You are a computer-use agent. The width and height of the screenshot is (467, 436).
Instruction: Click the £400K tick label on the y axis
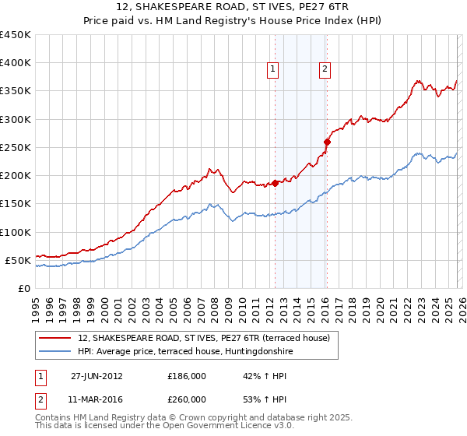[x=15, y=63]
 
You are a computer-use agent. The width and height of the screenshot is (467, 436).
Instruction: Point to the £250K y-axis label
[x=15, y=147]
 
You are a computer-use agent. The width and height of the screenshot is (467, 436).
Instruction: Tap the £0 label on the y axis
[x=23, y=288]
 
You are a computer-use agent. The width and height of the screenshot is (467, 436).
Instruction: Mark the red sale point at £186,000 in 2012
[x=275, y=184]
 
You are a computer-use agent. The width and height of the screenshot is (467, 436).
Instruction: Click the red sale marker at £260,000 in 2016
[x=327, y=142]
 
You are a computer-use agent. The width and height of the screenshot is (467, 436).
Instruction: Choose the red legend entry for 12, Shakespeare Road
[x=204, y=338]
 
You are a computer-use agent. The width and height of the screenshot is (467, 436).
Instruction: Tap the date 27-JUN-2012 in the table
[x=97, y=375]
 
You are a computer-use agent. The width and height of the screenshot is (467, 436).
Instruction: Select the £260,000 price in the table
[x=187, y=399]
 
